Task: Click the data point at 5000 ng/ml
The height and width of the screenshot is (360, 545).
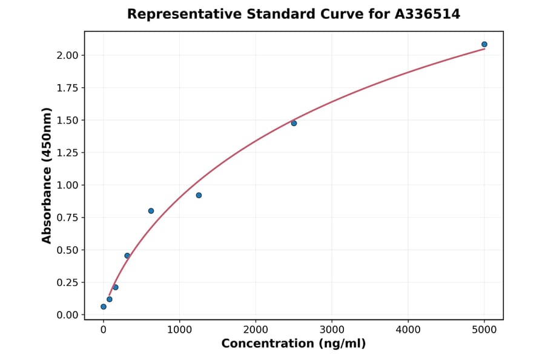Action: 484,44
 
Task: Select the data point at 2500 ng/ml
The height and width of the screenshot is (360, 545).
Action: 294,123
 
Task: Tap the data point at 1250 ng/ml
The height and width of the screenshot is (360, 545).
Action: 199,195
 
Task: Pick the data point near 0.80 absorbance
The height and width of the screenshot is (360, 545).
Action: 151,211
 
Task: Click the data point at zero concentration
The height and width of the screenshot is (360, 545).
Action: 104,307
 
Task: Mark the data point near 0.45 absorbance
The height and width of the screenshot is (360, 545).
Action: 127,256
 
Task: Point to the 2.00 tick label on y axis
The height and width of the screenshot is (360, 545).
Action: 67,55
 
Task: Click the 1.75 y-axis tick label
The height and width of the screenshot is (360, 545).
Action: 67,88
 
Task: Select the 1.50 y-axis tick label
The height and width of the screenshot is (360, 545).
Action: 67,120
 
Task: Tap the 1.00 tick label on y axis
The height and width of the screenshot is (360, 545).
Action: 67,185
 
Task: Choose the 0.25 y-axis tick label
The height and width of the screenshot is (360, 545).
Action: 67,282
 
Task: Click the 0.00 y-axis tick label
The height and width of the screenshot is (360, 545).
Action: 67,315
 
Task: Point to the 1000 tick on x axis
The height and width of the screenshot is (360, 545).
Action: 179,330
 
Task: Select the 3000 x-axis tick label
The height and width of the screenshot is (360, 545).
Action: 332,330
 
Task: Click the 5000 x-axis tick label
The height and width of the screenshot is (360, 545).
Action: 484,330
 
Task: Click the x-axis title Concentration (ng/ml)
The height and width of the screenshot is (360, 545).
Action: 294,344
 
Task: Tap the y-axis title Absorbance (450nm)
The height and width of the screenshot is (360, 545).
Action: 47,175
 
